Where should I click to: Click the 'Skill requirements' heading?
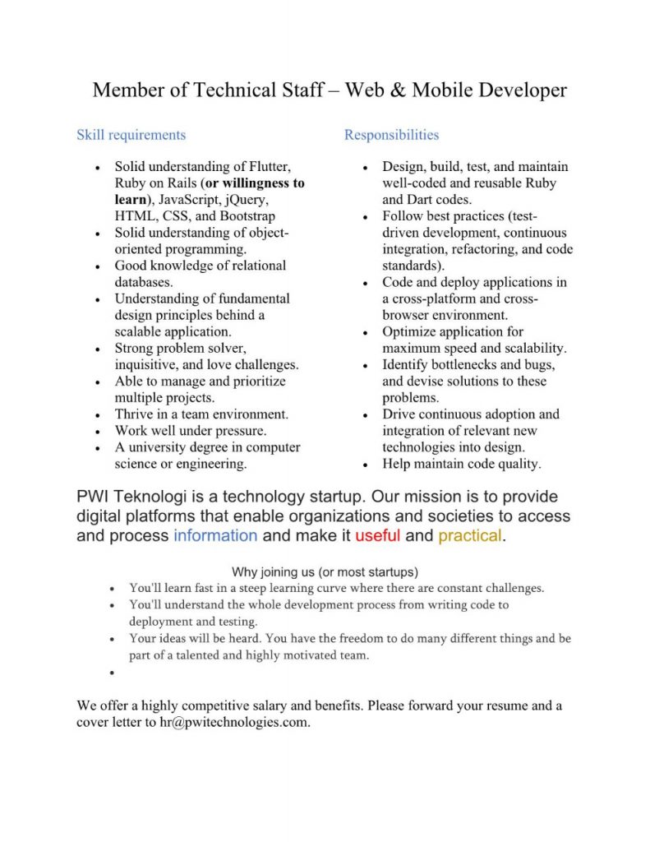coord(131,135)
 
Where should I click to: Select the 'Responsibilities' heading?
coord(391,135)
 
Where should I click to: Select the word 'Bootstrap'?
coord(247,216)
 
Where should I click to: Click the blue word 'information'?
coord(215,536)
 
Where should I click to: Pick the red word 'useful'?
coord(378,536)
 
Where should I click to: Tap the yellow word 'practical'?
coord(469,536)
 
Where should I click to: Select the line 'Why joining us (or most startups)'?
coord(325,571)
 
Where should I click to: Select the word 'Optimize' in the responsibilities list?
coord(408,332)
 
